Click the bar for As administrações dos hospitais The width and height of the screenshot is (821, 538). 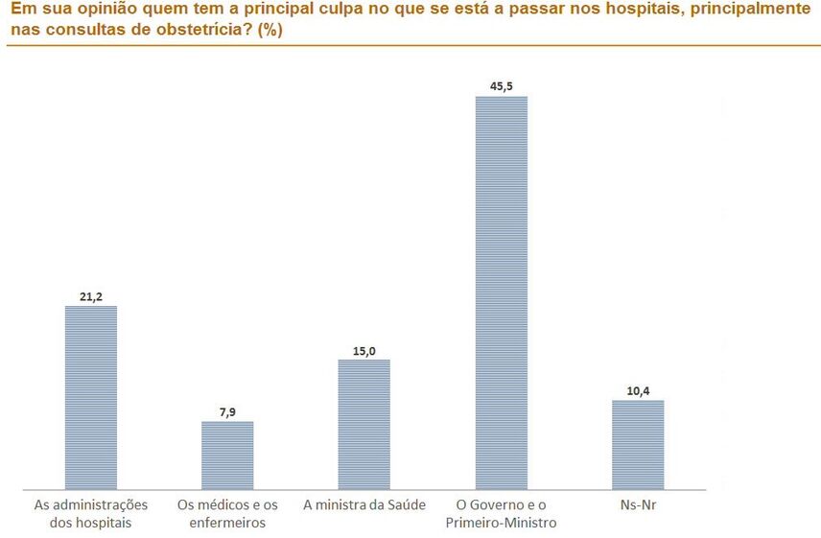click(90, 397)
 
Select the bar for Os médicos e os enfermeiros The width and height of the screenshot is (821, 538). click(227, 455)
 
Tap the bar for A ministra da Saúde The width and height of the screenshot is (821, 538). click(364, 424)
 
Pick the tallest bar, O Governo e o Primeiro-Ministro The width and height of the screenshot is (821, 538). click(502, 292)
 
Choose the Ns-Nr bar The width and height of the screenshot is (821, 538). click(638, 444)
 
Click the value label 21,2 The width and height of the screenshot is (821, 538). click(90, 296)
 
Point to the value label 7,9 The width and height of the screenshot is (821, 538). click(227, 411)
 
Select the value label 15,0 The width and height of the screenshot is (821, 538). click(364, 350)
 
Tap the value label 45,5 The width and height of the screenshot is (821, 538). click(502, 86)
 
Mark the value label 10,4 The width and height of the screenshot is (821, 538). click(638, 390)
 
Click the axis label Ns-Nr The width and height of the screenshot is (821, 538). click(638, 504)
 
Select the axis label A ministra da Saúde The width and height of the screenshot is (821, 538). click(364, 504)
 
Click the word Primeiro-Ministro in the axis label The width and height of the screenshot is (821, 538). click(502, 523)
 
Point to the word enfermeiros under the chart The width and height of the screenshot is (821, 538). click(227, 523)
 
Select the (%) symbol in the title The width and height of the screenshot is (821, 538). click(270, 29)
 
